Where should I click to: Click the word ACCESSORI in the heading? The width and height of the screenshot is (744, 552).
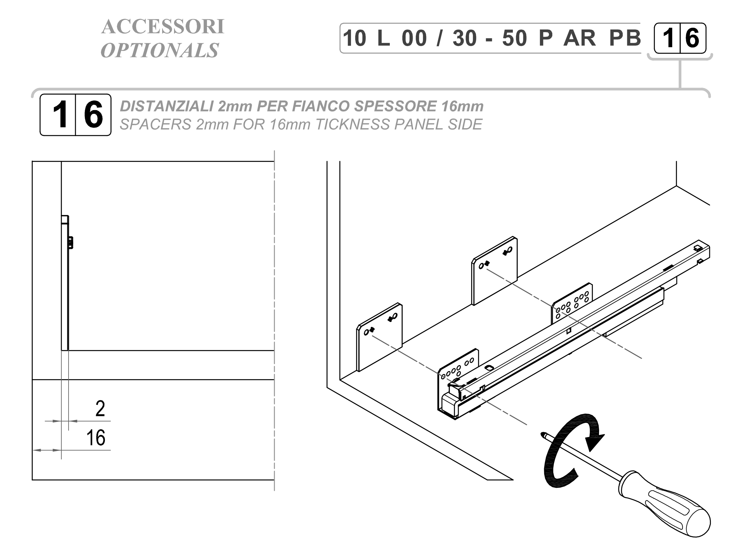(163, 26)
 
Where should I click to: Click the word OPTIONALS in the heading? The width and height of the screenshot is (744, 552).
(159, 50)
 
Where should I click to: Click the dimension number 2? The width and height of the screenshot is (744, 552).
(100, 408)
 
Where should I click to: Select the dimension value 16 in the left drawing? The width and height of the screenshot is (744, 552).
(96, 438)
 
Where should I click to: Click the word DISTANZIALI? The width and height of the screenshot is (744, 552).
(167, 106)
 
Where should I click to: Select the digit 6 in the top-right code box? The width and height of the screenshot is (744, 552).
(692, 38)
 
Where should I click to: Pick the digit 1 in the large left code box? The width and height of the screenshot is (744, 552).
(60, 115)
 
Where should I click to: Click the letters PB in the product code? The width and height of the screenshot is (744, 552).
(625, 38)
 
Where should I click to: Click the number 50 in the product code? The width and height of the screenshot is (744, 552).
(514, 38)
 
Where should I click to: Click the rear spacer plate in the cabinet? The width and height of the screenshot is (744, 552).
(494, 271)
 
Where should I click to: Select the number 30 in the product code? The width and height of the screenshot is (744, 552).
(465, 38)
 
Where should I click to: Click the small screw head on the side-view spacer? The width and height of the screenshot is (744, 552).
(70, 243)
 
